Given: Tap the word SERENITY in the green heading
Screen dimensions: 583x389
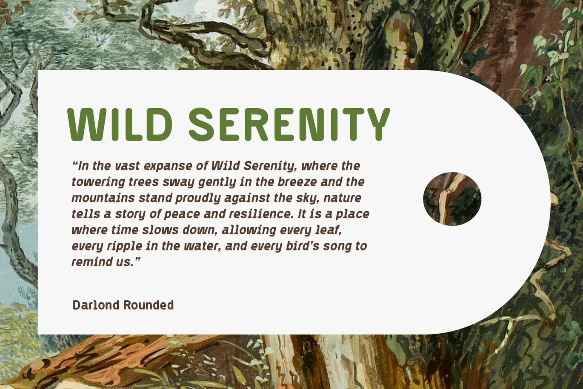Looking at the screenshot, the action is click(289, 124).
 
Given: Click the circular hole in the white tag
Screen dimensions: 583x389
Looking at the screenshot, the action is click(452, 199).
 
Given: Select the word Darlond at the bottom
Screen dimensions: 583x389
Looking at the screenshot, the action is click(96, 305).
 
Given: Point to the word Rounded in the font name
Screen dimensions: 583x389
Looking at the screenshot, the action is click(149, 305).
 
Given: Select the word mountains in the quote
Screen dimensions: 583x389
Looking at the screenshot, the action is click(103, 198).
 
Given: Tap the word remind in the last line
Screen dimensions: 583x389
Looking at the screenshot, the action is click(89, 262).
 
